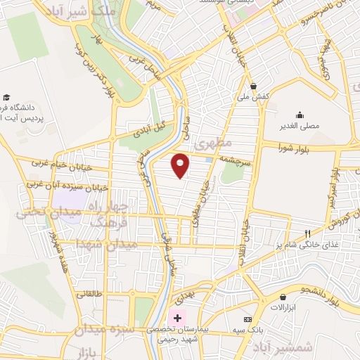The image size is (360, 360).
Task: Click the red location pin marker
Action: click(181, 165)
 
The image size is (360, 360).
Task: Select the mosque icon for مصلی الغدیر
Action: click(300, 115)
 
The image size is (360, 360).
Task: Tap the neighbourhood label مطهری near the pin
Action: click(212, 143)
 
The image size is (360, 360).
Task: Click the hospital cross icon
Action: click(178, 319)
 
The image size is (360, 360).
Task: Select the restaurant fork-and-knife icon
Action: click(307, 233)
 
